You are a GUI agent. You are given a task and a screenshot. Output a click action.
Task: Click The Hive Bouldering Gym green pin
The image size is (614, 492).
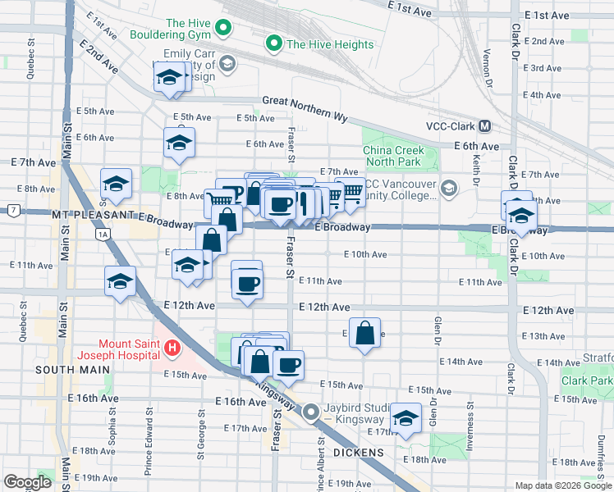(x=222, y=30)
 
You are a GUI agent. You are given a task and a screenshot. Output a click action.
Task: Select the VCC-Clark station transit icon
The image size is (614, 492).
(x=484, y=126)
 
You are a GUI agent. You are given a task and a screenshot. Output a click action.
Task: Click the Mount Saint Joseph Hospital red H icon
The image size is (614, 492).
(x=172, y=349)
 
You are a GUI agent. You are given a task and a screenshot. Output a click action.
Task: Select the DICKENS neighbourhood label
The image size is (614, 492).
(x=360, y=453)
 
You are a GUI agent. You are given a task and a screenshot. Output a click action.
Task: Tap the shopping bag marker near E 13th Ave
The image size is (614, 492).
(x=364, y=333)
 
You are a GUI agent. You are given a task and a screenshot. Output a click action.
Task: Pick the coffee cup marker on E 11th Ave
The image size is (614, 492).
(x=247, y=284)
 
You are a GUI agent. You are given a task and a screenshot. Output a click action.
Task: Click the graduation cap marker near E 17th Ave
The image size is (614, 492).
(x=406, y=418)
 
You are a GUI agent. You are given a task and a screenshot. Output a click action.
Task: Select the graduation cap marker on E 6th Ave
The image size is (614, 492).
(x=179, y=143)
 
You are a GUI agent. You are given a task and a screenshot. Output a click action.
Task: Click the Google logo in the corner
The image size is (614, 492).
(x=27, y=481)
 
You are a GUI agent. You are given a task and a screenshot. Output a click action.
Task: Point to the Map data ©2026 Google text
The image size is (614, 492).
(x=562, y=485)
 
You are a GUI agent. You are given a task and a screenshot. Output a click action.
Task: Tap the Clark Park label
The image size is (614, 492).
(x=588, y=381)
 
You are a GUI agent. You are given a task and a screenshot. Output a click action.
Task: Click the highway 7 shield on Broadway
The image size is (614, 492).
(x=14, y=210)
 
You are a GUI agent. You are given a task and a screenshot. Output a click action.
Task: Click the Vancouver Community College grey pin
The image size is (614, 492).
(x=449, y=189)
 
